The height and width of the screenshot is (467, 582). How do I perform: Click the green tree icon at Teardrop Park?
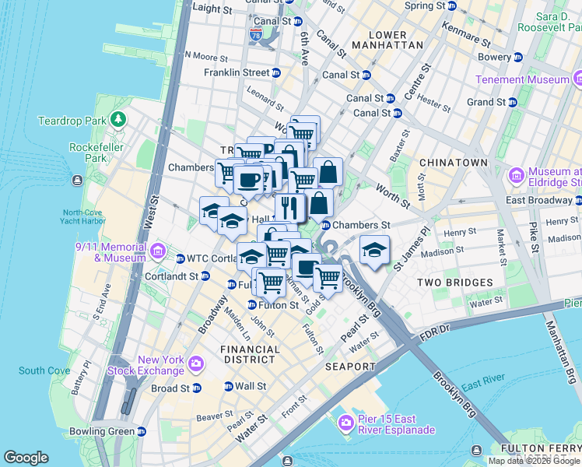pyautogui.click(x=117, y=120)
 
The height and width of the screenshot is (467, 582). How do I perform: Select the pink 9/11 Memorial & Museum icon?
pyautogui.click(x=158, y=251)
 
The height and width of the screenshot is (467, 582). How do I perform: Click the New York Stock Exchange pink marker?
pyautogui.click(x=195, y=363)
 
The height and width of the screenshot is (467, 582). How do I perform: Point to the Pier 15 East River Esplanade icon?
pyautogui.click(x=346, y=423)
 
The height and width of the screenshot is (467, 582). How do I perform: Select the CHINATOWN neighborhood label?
pyautogui.click(x=453, y=162)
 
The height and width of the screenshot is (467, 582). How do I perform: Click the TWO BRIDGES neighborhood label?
pyautogui.click(x=455, y=282)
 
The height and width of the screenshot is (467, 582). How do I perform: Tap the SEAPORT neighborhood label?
pyautogui.click(x=351, y=366)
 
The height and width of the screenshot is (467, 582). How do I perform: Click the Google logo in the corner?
pyautogui.click(x=26, y=458)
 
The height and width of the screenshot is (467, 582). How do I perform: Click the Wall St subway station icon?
pyautogui.click(x=228, y=386)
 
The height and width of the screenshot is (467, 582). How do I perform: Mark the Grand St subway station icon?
pyautogui.click(x=514, y=102)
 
